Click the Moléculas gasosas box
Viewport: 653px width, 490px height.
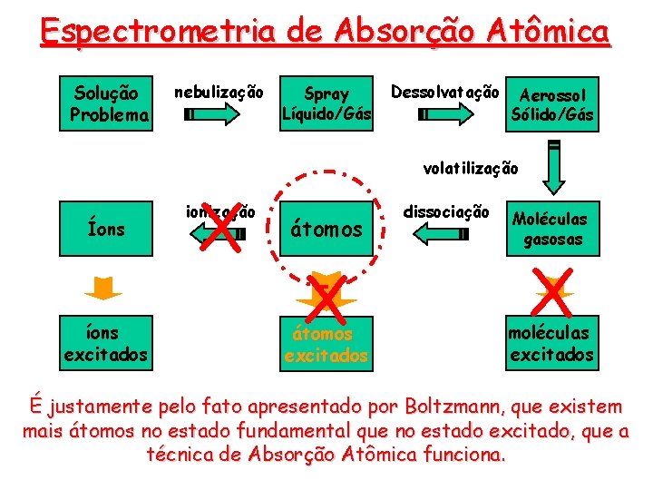[x=551, y=230]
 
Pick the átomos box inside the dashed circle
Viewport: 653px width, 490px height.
[x=326, y=230]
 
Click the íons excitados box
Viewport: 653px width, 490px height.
[x=105, y=343]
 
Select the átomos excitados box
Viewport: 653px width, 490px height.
[x=326, y=344]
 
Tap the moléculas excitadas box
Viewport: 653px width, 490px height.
[x=551, y=343]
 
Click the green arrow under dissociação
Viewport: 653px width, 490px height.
[x=441, y=234]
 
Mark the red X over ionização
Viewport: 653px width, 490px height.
[x=221, y=224]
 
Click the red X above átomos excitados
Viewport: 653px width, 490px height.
[x=326, y=296]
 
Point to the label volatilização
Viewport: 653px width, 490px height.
[x=471, y=168]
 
